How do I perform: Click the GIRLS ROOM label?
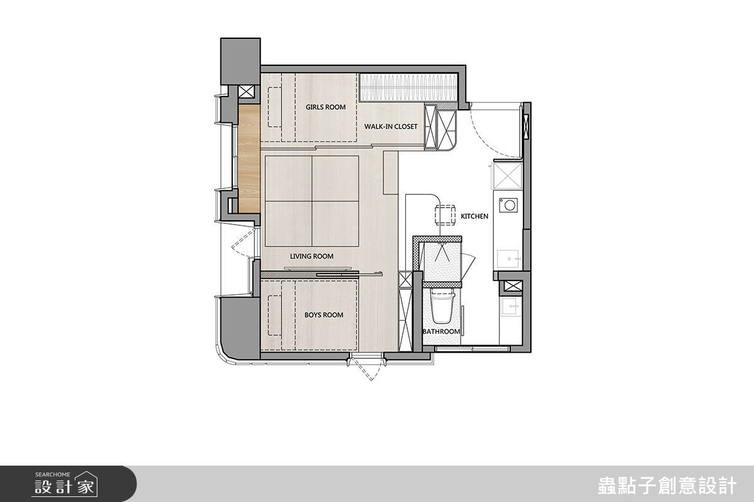tap(325, 107)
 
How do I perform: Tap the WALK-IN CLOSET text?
tap(391, 127)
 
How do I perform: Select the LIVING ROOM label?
tap(312, 256)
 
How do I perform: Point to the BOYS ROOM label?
tap(324, 315)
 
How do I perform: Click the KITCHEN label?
tap(474, 216)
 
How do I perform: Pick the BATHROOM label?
tap(441, 331)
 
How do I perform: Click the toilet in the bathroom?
tap(442, 307)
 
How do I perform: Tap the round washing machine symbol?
tap(508, 205)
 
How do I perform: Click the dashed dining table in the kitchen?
tap(445, 215)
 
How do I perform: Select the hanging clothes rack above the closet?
tap(408, 87)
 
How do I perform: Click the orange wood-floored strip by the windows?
tap(249, 158)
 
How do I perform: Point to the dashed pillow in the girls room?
tap(275, 107)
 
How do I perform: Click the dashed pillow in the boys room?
tap(275, 316)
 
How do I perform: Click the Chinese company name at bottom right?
tap(667, 486)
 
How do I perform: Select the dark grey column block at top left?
tap(240, 61)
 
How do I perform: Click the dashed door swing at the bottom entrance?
tap(366, 369)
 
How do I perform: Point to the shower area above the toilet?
tap(442, 262)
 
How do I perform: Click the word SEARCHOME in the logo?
tap(53, 475)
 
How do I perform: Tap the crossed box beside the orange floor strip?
tap(246, 92)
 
